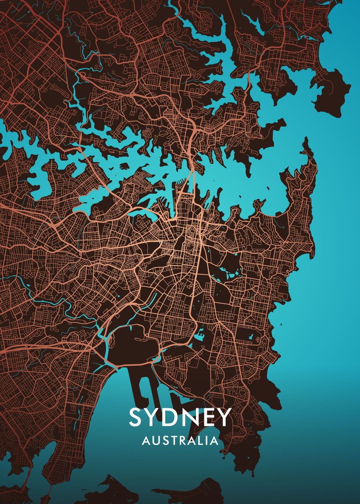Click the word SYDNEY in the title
coord(180,417)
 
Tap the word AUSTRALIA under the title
coord(180,441)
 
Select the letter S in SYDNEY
coord(137,417)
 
